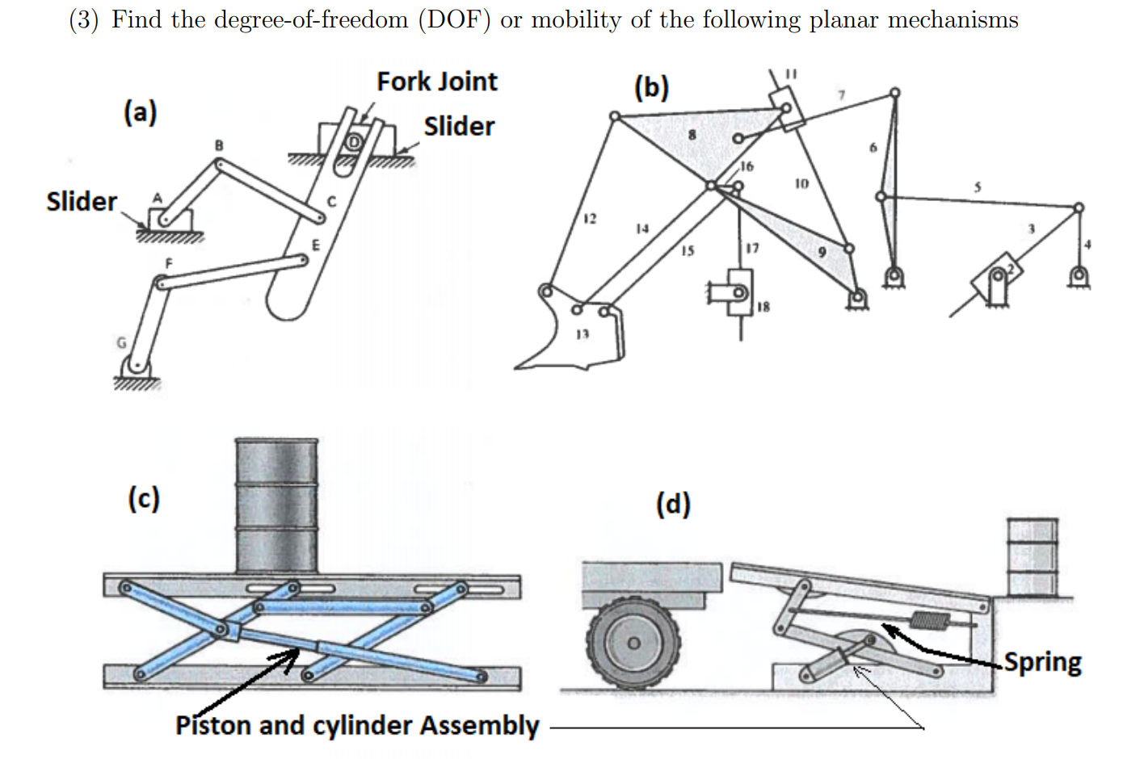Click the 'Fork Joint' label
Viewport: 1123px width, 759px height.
(436, 82)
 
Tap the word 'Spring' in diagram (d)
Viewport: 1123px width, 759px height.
(1042, 662)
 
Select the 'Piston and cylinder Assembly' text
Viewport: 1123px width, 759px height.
(357, 725)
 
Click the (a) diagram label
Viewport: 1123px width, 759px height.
(140, 112)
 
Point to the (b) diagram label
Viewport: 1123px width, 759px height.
(651, 86)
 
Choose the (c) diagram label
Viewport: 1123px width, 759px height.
(143, 499)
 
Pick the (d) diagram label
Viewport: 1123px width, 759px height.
(673, 505)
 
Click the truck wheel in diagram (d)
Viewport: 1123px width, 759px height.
(634, 643)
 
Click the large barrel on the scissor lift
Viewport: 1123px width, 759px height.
(276, 505)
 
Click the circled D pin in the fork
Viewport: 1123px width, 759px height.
(353, 141)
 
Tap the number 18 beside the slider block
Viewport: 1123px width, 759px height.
(763, 307)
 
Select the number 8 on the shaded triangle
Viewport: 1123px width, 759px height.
(691, 135)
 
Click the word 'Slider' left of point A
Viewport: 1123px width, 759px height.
(82, 201)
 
